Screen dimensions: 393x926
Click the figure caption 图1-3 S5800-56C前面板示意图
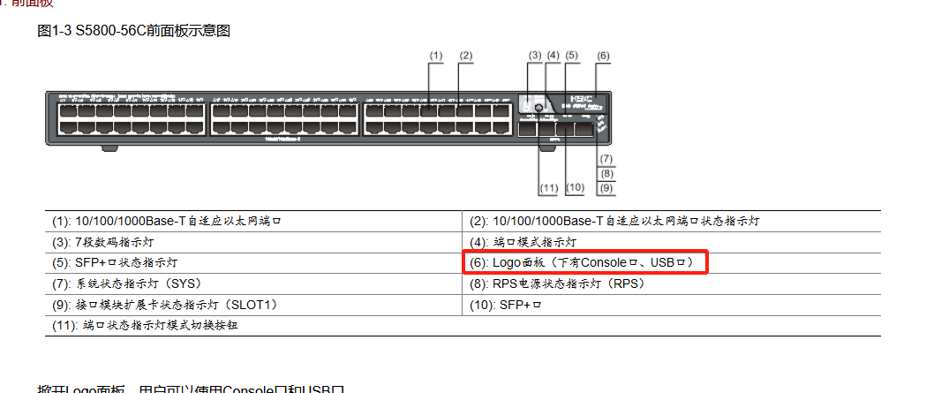(x=134, y=31)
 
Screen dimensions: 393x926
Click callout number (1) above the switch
(x=435, y=55)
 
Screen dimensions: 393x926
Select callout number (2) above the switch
(x=466, y=55)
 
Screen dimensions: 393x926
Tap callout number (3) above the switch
(x=534, y=55)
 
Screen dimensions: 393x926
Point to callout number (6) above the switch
(x=603, y=55)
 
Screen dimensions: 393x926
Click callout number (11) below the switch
(x=548, y=187)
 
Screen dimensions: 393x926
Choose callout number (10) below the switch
(x=576, y=187)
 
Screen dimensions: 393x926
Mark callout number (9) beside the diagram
(x=606, y=187)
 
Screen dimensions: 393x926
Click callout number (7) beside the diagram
(x=606, y=159)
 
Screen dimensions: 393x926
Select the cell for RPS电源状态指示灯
(x=557, y=283)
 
